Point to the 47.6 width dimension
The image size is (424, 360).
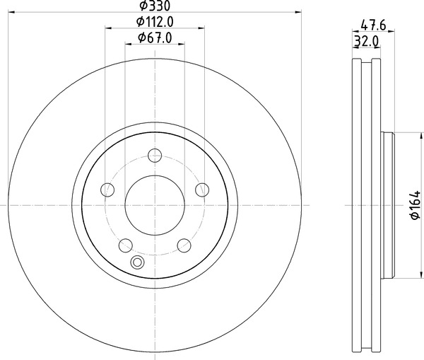click(372, 26)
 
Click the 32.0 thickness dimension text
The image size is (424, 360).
click(367, 42)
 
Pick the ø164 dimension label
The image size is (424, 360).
click(414, 204)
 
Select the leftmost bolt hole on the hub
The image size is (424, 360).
click(107, 189)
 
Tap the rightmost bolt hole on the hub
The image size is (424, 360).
click(202, 189)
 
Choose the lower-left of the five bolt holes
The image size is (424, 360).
click(126, 245)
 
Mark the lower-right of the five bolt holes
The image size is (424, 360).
click(184, 245)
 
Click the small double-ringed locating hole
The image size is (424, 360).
click(137, 263)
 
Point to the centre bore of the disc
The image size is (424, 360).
click(155, 204)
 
